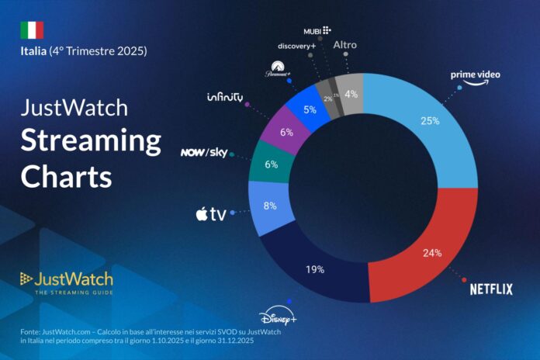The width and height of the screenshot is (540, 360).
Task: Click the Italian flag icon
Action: tap(32, 29)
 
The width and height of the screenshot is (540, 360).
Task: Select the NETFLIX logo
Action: tap(491, 289)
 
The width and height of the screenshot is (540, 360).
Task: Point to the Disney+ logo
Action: tap(278, 317)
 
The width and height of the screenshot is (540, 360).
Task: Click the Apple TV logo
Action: tap(211, 214)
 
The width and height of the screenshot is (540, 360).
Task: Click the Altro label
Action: tap(345, 45)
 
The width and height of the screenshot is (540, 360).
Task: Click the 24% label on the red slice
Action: tap(432, 252)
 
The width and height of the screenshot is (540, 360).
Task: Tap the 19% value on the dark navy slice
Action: tap(314, 270)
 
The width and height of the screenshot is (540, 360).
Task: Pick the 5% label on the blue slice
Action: tap(309, 109)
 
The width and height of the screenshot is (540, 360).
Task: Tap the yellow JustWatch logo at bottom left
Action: tap(67, 280)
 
